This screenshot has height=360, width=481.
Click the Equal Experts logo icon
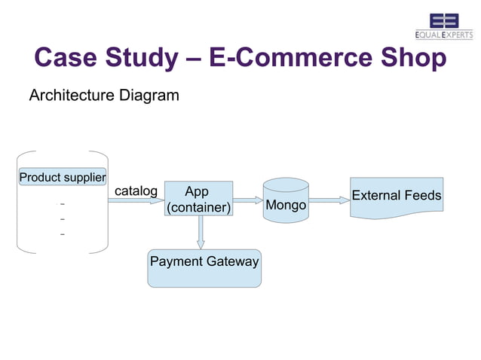click(x=444, y=20)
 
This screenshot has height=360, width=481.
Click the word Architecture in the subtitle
click(x=72, y=96)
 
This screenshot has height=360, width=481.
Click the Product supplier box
click(x=62, y=178)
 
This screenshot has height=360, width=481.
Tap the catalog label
click(x=135, y=191)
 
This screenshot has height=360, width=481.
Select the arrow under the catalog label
click(x=136, y=201)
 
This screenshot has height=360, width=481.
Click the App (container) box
click(x=198, y=198)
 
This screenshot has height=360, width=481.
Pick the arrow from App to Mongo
click(x=247, y=200)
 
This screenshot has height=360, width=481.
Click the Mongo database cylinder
click(x=286, y=201)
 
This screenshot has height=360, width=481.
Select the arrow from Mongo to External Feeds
click(x=329, y=200)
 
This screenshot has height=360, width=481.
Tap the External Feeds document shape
click(x=396, y=197)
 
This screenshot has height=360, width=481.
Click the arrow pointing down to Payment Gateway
click(x=200, y=232)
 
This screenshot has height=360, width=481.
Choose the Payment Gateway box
click(x=204, y=268)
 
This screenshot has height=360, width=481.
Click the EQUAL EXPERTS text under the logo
click(x=444, y=35)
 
